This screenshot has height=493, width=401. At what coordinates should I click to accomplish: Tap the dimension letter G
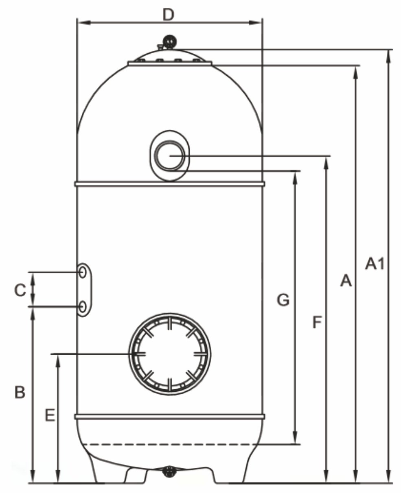pyautogui.click(x=283, y=300)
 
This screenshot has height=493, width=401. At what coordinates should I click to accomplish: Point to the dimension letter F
pyautogui.click(x=317, y=323)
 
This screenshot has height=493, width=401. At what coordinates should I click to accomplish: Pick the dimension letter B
pyautogui.click(x=20, y=393)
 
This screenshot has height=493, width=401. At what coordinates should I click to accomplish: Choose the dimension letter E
pyautogui.click(x=49, y=415)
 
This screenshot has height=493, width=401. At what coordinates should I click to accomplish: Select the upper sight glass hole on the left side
pyautogui.click(x=83, y=272)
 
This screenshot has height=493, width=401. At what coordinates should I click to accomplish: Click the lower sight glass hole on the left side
pyautogui.click(x=83, y=306)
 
